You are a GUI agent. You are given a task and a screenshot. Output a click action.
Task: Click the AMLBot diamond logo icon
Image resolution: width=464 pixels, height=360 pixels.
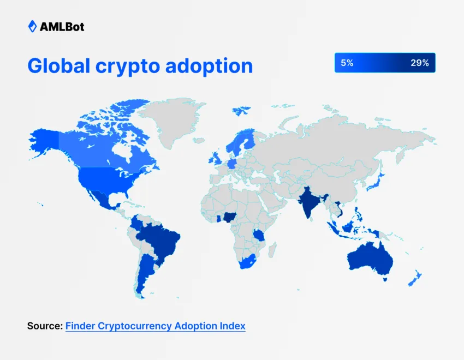[32, 27]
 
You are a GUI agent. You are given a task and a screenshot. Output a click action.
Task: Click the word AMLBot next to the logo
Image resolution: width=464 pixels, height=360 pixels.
[62, 27]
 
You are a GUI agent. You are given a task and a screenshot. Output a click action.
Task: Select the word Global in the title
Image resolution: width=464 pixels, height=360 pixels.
[58, 65]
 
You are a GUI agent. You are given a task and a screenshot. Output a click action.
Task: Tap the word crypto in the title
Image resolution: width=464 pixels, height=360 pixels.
[128, 67]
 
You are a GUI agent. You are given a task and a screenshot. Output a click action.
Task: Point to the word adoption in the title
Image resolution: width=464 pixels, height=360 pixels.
[209, 66]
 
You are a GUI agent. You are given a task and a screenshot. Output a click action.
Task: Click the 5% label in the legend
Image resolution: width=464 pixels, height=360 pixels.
[347, 63]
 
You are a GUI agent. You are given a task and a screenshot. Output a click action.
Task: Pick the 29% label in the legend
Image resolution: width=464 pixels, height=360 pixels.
[420, 63]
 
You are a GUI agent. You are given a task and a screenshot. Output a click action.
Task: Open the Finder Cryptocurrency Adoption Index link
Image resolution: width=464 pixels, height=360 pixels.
[156, 326]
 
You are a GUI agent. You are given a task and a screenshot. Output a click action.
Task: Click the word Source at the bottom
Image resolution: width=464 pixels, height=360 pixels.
[45, 326]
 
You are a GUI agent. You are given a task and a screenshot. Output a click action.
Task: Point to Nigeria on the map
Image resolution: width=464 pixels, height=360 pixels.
[229, 218]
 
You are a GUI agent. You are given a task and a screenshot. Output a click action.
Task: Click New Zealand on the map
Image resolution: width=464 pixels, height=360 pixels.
[415, 278]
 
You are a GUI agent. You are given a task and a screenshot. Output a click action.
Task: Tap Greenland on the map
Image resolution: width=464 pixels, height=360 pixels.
[171, 121]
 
